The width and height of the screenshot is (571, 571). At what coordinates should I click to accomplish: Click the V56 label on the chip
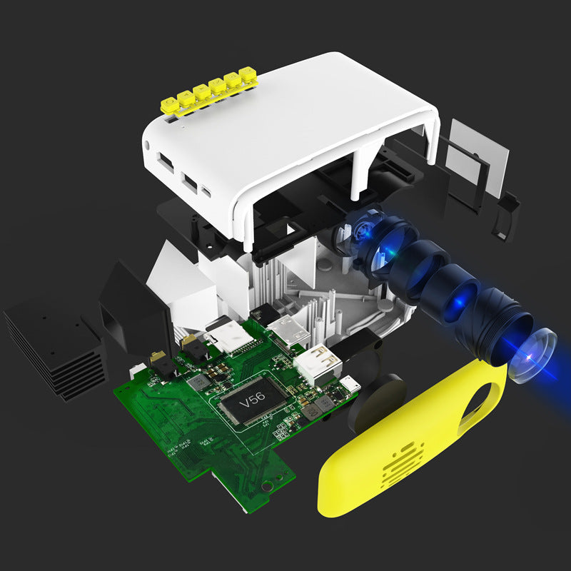[x=251, y=403]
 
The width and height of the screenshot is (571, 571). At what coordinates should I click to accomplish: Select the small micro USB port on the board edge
[x=350, y=383]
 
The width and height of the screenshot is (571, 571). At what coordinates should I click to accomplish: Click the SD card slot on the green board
[x=227, y=335]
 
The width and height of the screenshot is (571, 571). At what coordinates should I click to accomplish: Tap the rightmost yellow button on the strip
[x=248, y=74]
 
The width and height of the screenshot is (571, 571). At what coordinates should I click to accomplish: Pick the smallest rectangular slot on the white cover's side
[x=206, y=191]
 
